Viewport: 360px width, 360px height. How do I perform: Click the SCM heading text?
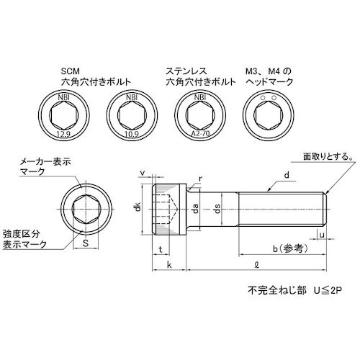click(x=69, y=72)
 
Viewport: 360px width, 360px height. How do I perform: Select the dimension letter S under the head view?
click(x=86, y=244)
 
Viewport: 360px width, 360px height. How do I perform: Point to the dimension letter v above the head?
click(x=143, y=173)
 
